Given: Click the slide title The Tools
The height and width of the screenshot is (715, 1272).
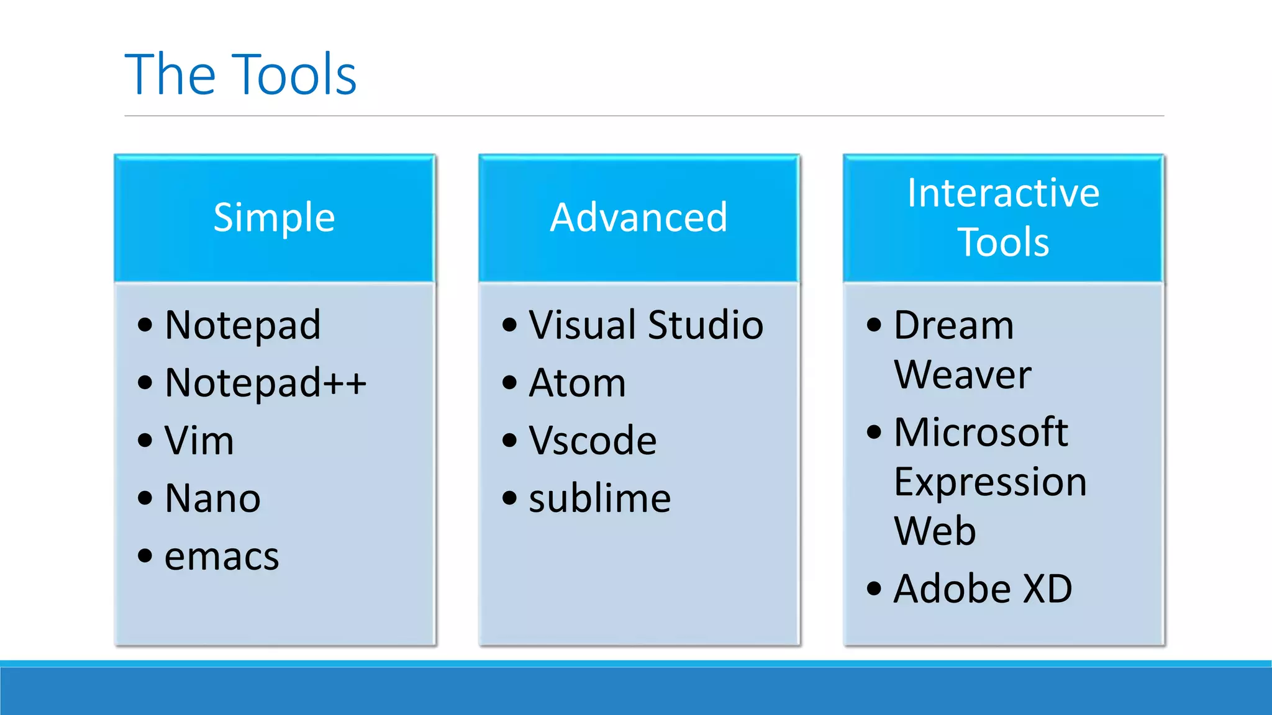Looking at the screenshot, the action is click(x=240, y=74).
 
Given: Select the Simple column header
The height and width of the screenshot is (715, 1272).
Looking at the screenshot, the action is click(x=274, y=217).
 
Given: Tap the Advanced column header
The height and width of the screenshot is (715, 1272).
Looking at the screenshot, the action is click(x=638, y=217).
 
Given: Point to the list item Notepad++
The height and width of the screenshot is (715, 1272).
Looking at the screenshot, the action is click(x=265, y=382).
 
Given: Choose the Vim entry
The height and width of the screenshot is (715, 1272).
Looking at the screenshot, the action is click(x=199, y=441).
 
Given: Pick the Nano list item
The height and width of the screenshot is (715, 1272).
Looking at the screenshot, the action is click(x=212, y=498).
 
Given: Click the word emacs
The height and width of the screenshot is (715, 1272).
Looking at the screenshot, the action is click(x=222, y=556).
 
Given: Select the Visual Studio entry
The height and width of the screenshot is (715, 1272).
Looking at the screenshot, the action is click(x=646, y=325).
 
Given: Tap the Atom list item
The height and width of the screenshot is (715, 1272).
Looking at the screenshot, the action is click(x=577, y=382).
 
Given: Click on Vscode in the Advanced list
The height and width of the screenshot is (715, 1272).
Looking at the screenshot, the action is click(x=593, y=441).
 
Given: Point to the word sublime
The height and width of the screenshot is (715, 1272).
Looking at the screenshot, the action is click(x=599, y=498).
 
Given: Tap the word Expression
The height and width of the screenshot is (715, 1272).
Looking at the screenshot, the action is click(x=990, y=482).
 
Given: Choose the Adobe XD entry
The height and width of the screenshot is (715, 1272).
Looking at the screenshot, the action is click(x=983, y=588).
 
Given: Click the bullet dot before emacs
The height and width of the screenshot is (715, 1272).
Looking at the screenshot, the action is click(x=145, y=555).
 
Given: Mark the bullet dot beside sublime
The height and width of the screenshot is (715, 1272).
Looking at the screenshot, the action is click(x=510, y=498).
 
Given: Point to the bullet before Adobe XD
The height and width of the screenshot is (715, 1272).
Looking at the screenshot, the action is click(x=874, y=588).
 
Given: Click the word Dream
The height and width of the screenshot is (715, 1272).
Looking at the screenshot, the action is click(x=953, y=325).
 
